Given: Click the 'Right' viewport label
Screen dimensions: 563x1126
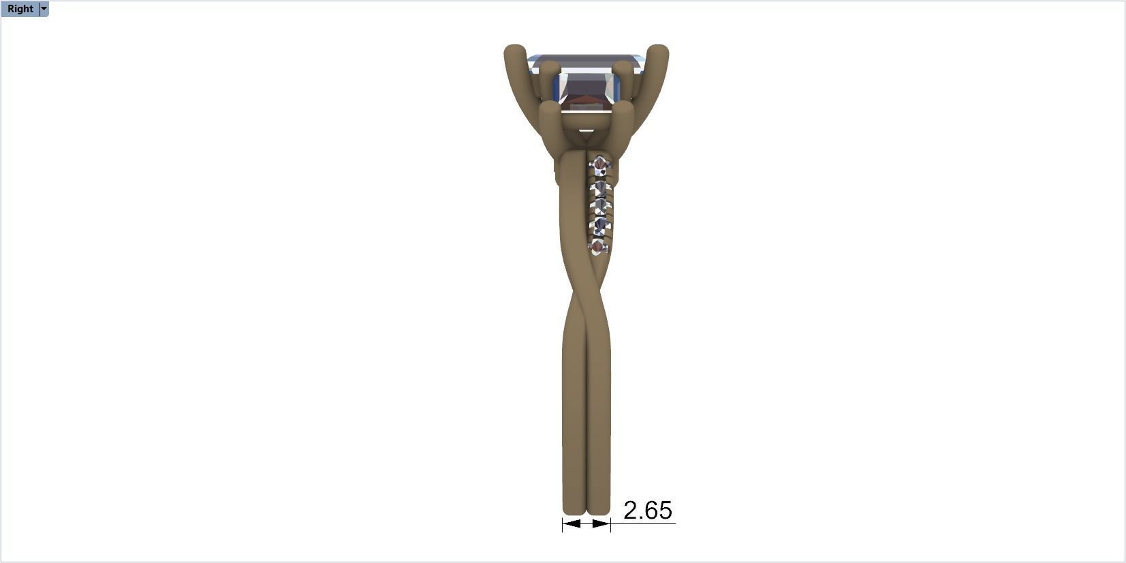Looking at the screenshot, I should pos(20,9).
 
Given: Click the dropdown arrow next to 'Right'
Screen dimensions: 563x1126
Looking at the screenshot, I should pos(44,9).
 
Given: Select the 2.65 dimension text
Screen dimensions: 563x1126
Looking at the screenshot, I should pos(647,511).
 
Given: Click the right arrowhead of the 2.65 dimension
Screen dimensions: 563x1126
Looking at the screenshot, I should pos(602,523).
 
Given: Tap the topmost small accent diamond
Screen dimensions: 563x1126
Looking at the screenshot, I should pos(599,165).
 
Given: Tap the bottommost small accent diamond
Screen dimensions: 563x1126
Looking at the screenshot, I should pos(598,247).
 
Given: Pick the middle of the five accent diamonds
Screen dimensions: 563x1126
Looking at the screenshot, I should pos(600,207).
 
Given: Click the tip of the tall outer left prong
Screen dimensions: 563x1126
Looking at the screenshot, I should pos(515,51).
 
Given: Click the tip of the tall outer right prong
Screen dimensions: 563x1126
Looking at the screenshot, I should pos(658,51).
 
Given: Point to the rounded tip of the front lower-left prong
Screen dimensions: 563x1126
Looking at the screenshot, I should pos(549,108).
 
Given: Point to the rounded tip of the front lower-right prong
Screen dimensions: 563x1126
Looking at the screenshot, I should pos(623,109).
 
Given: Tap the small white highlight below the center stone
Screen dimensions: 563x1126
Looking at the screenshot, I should pos(586,130).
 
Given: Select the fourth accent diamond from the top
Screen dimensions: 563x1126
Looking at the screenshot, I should pos(600,226).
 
